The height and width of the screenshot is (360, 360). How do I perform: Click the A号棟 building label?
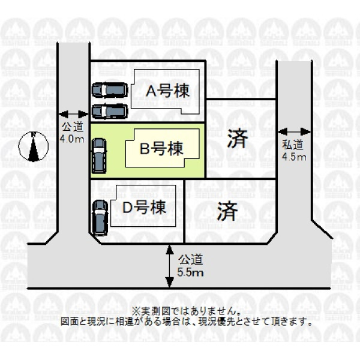coord(168,91)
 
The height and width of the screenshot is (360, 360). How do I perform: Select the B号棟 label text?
coord(161,148)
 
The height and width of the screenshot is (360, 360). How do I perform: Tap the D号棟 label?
coord(144,207)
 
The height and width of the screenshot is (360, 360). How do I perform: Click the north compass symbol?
coord(34,146)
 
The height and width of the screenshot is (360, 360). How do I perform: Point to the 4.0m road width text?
coord(72,139)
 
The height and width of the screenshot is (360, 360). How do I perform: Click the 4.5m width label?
coord(294,157)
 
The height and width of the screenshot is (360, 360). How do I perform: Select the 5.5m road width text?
coord(190,273)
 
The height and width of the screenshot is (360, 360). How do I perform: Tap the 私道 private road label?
coord(293,145)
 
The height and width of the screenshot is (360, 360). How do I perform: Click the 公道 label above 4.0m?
coord(73,127)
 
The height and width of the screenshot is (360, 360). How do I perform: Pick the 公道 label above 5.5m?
coord(191,259)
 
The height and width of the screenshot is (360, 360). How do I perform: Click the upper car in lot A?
coord(110,90)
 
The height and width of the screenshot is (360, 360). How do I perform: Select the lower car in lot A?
coord(110,112)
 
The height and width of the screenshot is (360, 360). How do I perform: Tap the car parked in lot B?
coord(99,156)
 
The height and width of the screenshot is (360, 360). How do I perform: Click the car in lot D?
coord(100,218)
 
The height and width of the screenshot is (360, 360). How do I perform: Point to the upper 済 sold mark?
coord(238,139)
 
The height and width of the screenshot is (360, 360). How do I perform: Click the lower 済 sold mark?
coord(227,211)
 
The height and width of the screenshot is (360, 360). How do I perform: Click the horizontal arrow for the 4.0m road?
coord(73,114)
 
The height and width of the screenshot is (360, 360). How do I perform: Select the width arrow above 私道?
coord(294,132)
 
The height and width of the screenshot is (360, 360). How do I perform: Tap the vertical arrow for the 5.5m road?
coord(169,266)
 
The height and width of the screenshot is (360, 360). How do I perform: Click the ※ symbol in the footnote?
coord(136,311)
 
